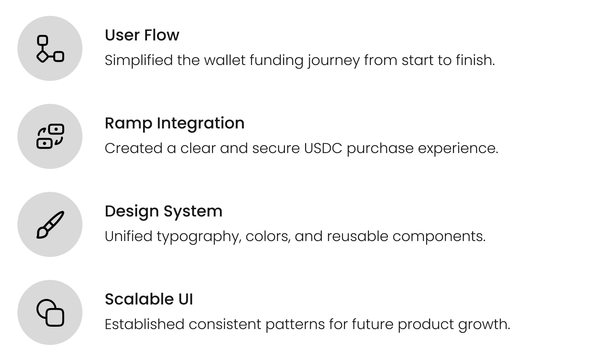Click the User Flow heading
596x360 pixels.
pyautogui.click(x=142, y=35)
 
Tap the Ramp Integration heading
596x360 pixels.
pyautogui.click(x=174, y=124)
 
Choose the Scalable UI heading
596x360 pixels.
pyautogui.click(x=149, y=299)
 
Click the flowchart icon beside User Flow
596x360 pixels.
pyautogui.click(x=50, y=49)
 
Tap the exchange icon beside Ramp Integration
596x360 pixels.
pyautogui.click(x=50, y=136)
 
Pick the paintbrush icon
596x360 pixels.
pyautogui.click(x=50, y=225)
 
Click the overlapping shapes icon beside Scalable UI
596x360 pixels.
pyautogui.click(x=50, y=312)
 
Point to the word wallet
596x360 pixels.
pyautogui.click(x=225, y=60)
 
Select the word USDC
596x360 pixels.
pyautogui.click(x=323, y=148)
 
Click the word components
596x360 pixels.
pyautogui.click(x=439, y=237)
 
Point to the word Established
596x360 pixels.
pyautogui.click(x=145, y=324)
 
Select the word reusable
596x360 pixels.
pyautogui.click(x=357, y=236)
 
